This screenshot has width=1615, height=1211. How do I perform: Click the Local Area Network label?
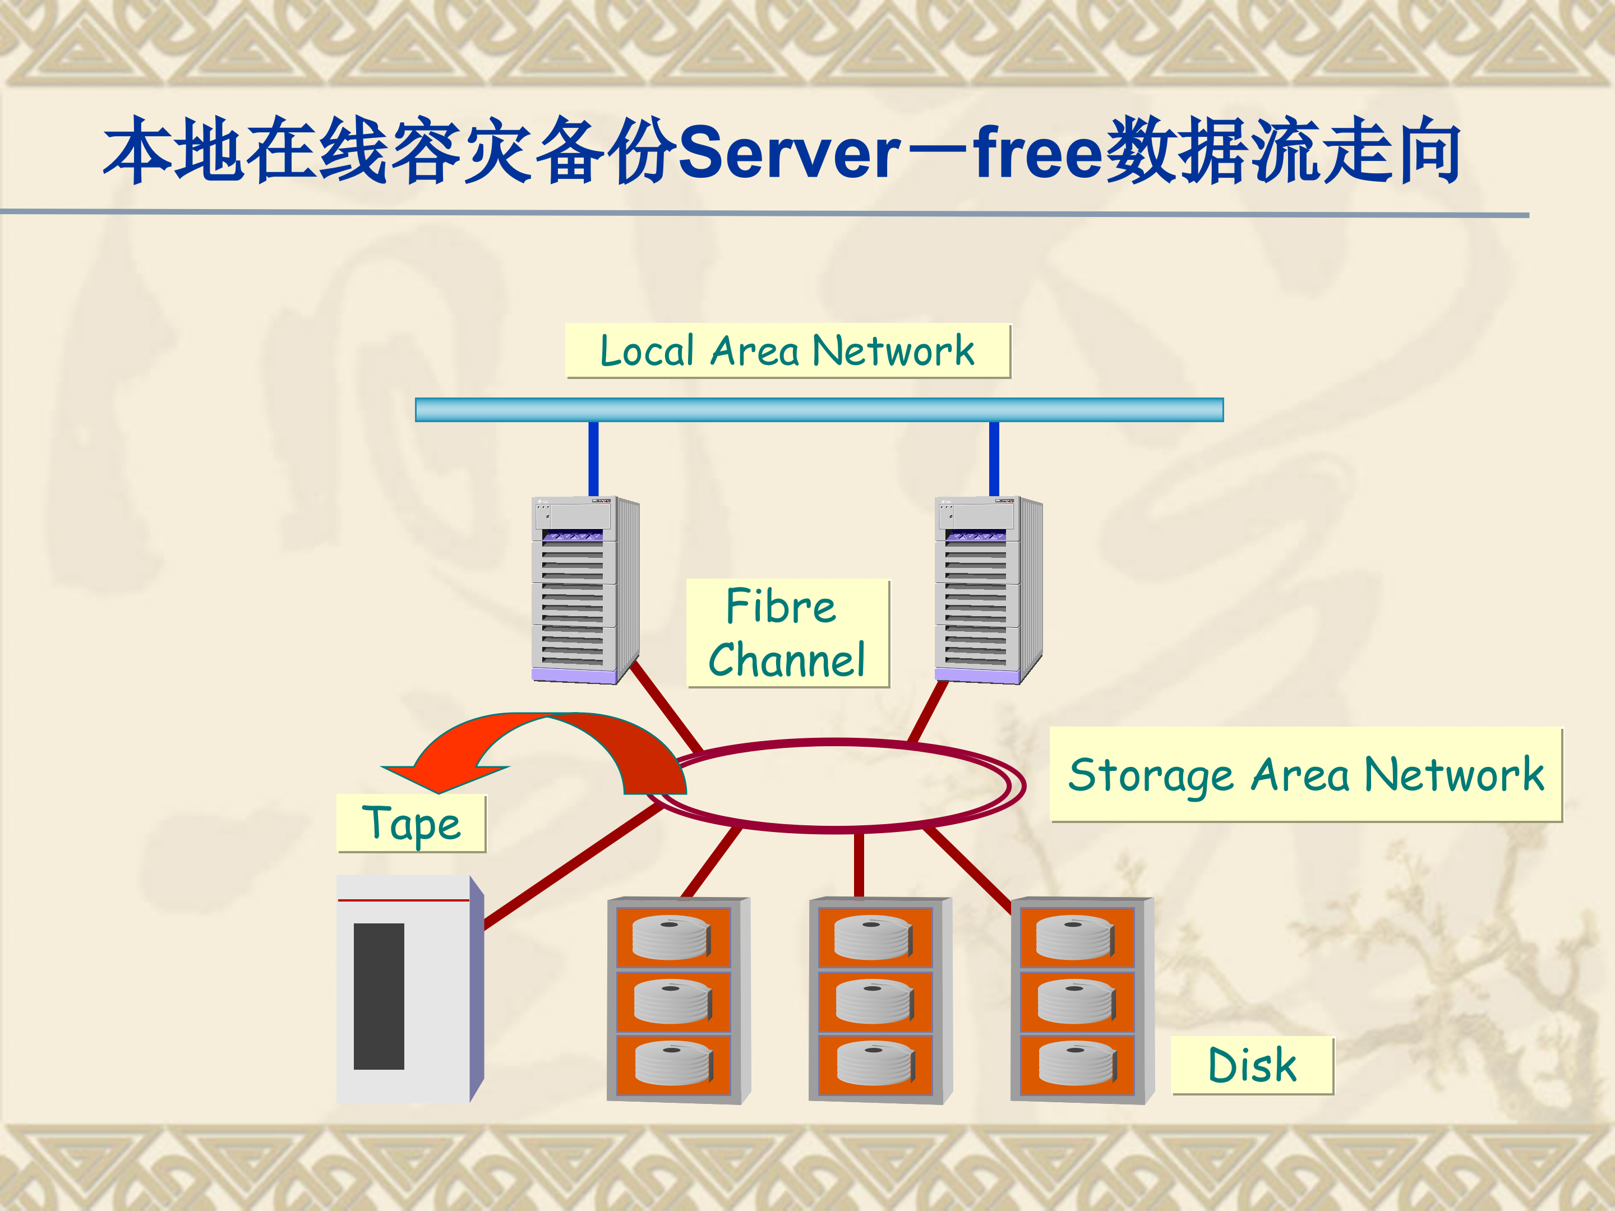click(x=787, y=351)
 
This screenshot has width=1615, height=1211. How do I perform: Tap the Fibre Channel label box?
click(x=787, y=633)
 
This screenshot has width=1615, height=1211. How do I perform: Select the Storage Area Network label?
click(x=1305, y=774)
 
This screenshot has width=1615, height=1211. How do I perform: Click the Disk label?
click(x=1252, y=1065)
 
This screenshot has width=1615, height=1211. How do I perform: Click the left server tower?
click(x=584, y=590)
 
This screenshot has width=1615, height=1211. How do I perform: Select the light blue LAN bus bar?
click(x=819, y=409)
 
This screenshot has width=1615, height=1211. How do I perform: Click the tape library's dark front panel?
click(x=379, y=996)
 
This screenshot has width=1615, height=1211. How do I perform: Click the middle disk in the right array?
click(x=1076, y=1000)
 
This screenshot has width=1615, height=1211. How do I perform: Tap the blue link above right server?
click(x=994, y=459)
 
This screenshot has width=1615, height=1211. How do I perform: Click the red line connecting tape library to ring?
click(x=573, y=866)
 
